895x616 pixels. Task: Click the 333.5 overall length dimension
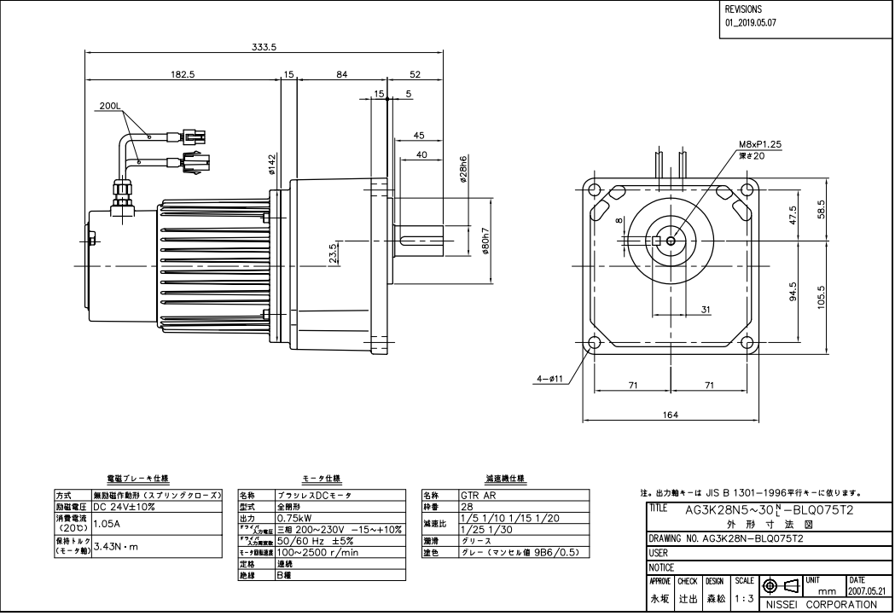pyautogui.click(x=264, y=47)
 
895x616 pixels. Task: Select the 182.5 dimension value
pyautogui.click(x=183, y=74)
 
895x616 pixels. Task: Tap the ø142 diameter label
pyautogui.click(x=272, y=162)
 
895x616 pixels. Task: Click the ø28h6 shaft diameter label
pyautogui.click(x=462, y=169)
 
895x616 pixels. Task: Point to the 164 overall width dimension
pyautogui.click(x=670, y=415)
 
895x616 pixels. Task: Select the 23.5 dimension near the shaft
pyautogui.click(x=333, y=253)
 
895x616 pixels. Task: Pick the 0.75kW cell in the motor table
pyautogui.click(x=293, y=517)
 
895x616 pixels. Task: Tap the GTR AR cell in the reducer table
pyautogui.click(x=475, y=495)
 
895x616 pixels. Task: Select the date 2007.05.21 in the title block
pyautogui.click(x=869, y=590)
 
